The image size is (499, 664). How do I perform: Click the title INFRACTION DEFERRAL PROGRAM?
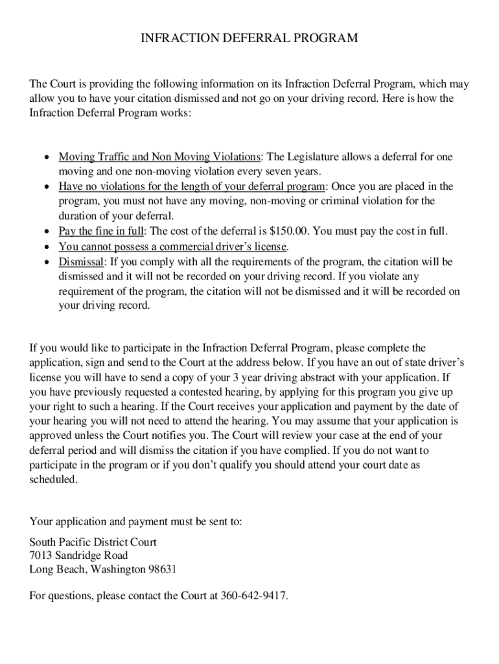point(250,39)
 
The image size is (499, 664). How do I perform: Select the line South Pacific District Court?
point(93,541)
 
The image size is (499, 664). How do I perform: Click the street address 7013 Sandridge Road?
point(78,556)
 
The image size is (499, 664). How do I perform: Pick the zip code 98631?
point(162,570)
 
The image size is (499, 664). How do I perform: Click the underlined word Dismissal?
point(81,262)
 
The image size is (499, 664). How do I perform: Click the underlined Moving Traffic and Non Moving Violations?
point(160,157)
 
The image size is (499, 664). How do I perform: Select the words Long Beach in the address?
point(58,570)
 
